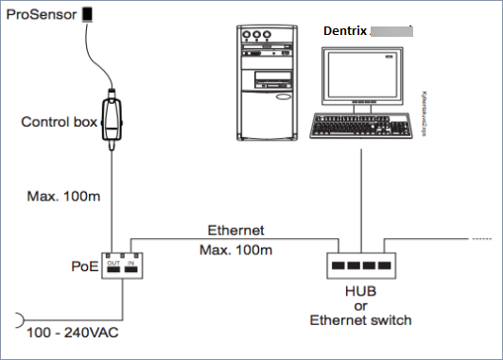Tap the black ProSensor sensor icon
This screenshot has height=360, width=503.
point(88,14)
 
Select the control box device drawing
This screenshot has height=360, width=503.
point(112,117)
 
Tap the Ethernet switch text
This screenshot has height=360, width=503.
point(362,320)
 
